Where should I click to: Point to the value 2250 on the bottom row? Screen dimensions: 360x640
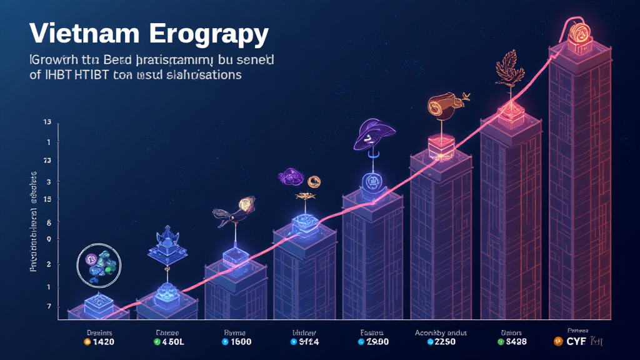[x=444, y=342]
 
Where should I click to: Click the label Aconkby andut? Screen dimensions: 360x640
[x=441, y=332]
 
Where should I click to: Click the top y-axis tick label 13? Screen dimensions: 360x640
[x=47, y=122]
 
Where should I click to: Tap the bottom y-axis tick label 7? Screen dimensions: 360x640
[x=48, y=306]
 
